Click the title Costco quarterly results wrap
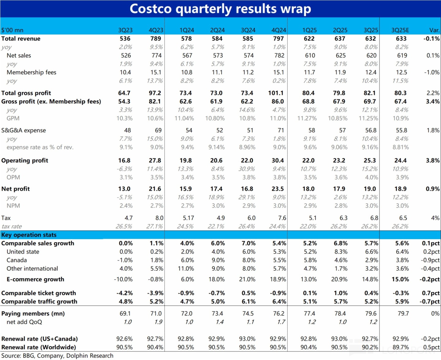(220, 9)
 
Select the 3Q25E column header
(400, 30)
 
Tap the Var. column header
(434, 30)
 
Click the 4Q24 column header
(279, 30)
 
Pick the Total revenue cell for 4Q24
(278, 39)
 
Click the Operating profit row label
(25, 160)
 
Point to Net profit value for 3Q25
(370, 189)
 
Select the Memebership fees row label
(32, 72)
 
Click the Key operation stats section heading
(29, 235)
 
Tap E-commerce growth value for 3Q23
(123, 279)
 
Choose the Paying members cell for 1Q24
(187, 313)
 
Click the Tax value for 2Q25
(343, 218)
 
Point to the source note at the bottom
(57, 355)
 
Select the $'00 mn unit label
(12, 30)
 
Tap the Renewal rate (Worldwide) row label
(39, 347)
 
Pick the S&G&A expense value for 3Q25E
(401, 130)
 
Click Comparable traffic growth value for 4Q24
(279, 302)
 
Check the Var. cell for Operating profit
(432, 160)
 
